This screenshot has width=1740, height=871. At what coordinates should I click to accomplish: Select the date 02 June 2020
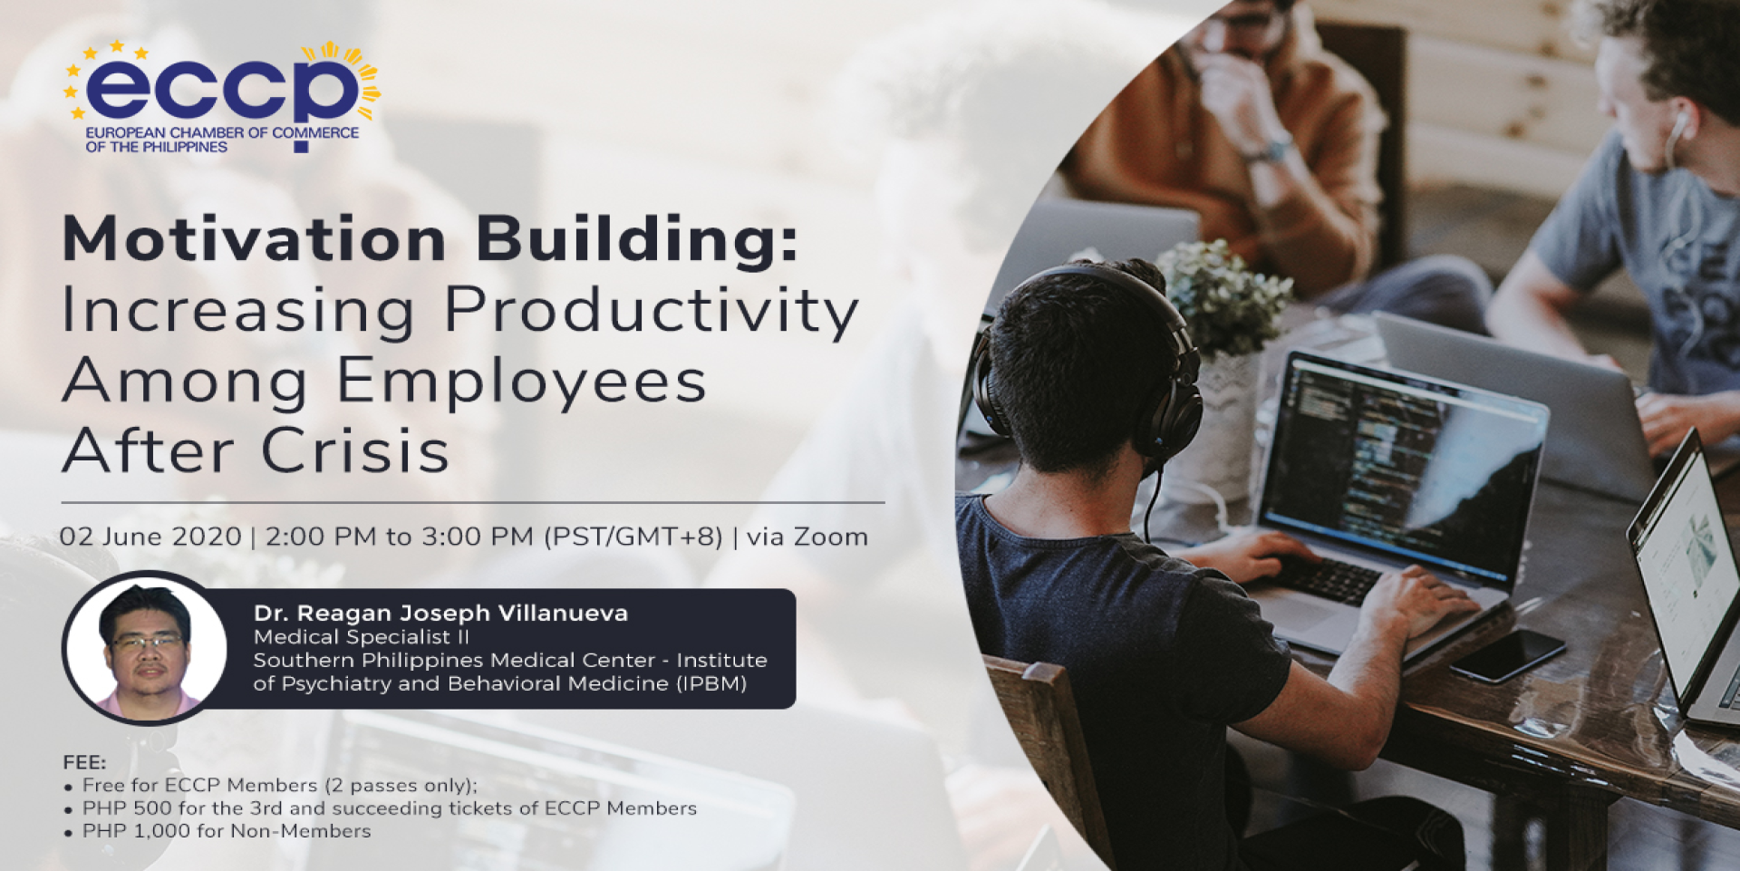coord(150,537)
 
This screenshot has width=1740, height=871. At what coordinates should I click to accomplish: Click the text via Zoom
coord(807,537)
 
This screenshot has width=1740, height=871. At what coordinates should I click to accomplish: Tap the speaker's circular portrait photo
coord(145,648)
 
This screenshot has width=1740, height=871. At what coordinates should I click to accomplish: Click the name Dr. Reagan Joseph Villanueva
coord(440,614)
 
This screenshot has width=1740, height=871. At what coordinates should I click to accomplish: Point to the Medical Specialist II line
coord(362,637)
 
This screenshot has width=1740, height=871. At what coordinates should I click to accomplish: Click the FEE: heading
coord(84,762)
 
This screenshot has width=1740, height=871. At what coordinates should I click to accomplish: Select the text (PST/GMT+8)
coord(633,537)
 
